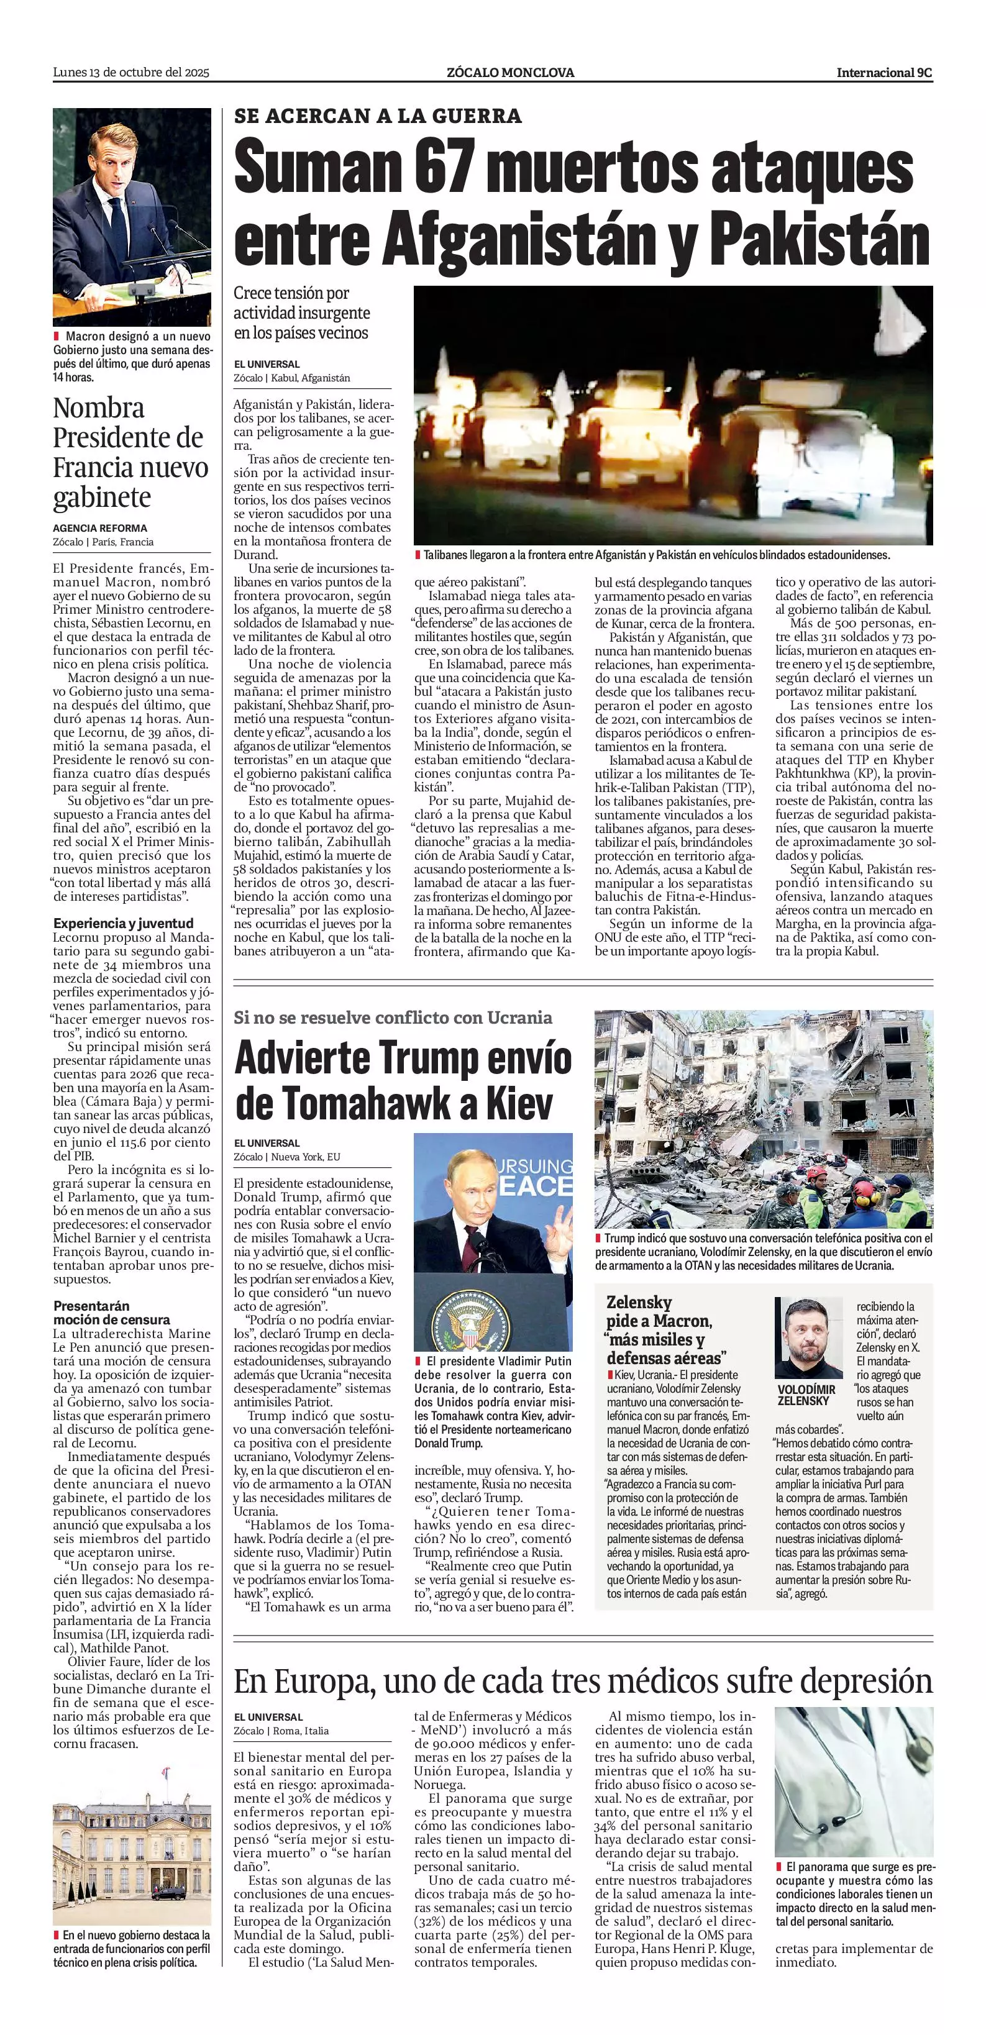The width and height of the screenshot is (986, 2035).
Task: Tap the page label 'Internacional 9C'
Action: [884, 73]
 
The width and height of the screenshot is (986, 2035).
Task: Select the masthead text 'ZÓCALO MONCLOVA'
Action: [510, 73]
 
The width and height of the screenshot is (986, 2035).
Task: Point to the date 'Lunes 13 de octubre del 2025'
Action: [131, 73]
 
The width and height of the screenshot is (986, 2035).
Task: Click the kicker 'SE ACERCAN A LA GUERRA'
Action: [378, 116]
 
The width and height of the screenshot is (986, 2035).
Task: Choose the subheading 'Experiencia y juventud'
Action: [123, 922]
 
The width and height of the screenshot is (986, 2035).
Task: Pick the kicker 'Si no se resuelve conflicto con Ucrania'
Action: [393, 1017]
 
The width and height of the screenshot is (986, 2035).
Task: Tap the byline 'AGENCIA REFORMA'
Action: [100, 528]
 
